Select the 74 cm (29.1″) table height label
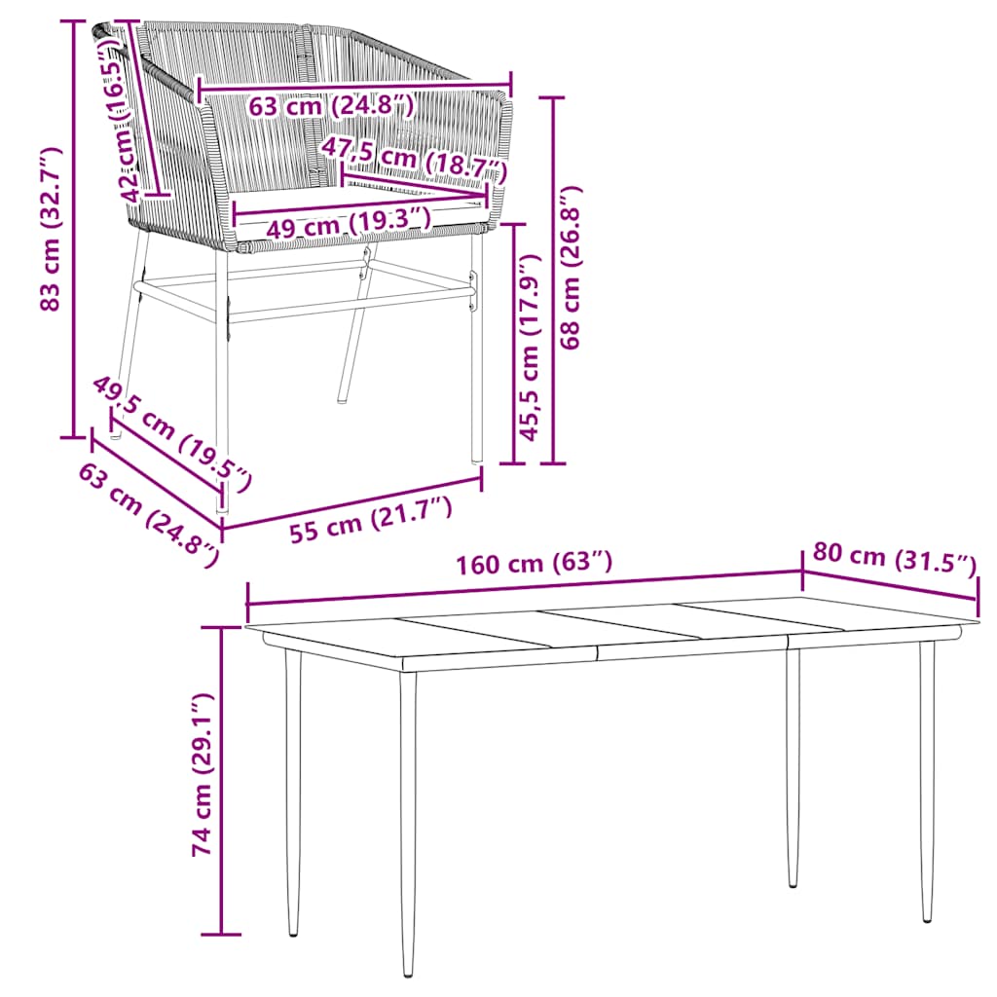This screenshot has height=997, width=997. click(x=203, y=775)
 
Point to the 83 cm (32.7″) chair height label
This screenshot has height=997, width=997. click(x=51, y=230)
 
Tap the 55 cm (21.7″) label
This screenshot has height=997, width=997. click(x=370, y=524)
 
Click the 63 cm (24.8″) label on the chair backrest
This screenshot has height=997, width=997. click(x=331, y=104)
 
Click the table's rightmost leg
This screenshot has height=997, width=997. click(x=927, y=779)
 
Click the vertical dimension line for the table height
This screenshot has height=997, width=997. click(x=222, y=779)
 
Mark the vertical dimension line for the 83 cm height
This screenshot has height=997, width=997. click(x=74, y=230)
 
